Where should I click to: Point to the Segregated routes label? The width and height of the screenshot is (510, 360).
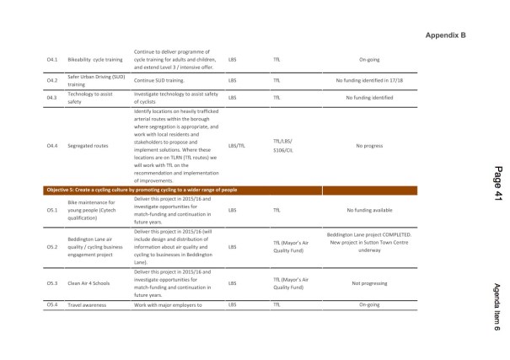point(89,145)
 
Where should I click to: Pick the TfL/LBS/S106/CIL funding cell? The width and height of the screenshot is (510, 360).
point(284,145)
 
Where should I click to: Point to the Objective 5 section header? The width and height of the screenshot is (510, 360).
point(142,190)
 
